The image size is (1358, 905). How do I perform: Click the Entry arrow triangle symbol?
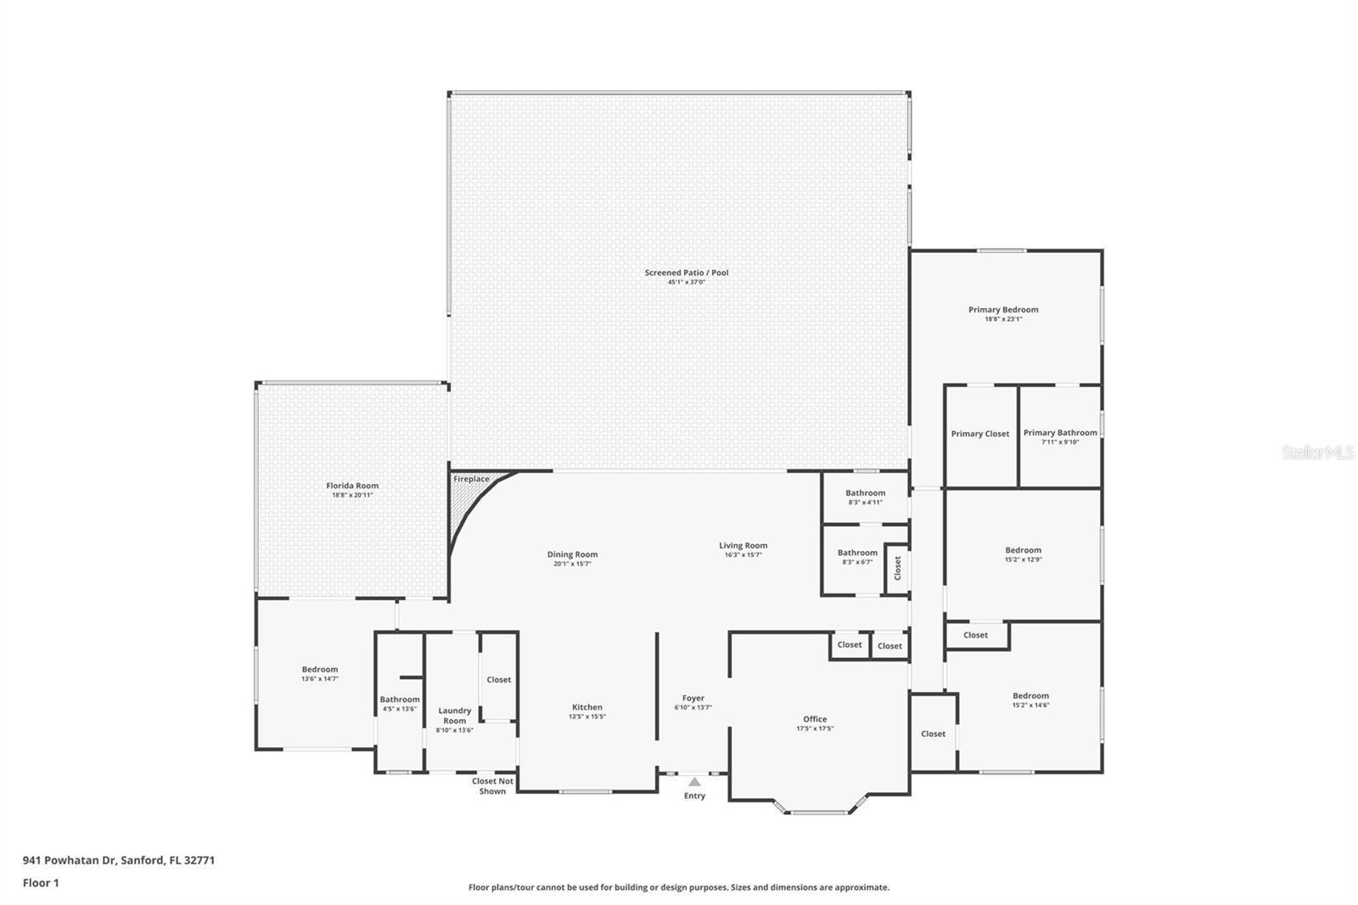[x=694, y=782]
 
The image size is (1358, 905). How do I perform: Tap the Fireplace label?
[x=471, y=479]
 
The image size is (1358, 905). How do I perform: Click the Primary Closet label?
[x=980, y=434]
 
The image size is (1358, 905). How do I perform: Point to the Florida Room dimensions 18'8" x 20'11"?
[x=352, y=495]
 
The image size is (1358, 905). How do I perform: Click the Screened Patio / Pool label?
[x=686, y=273]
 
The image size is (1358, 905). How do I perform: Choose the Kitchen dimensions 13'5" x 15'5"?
[x=586, y=717]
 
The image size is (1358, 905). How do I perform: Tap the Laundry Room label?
[x=454, y=716]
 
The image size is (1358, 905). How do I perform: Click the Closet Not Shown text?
[x=492, y=786]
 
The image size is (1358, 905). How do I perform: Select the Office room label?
[x=815, y=719]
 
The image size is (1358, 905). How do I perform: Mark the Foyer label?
[x=693, y=698]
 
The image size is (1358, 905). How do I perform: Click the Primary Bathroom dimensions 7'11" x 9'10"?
[x=1060, y=442]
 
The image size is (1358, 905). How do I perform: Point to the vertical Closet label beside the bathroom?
[x=897, y=568]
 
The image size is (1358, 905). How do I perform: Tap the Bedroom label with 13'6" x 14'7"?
[x=320, y=669]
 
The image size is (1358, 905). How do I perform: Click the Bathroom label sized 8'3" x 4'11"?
[x=865, y=492]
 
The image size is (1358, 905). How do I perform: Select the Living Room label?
[x=743, y=546]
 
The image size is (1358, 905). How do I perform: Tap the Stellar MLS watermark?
[x=1317, y=453]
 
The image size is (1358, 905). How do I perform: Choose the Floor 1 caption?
[x=41, y=883]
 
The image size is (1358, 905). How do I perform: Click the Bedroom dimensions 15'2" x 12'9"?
[x=1023, y=559]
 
